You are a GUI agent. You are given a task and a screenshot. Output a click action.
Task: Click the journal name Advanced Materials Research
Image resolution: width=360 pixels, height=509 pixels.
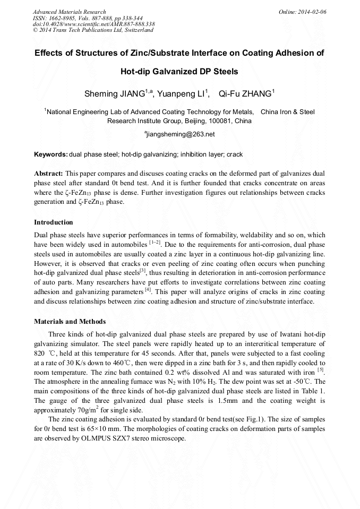(x=70, y=12)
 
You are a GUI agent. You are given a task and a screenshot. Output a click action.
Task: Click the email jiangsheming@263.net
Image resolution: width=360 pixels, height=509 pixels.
(x=181, y=134)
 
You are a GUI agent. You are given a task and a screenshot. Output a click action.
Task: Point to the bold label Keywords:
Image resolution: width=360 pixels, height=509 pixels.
(x=51, y=154)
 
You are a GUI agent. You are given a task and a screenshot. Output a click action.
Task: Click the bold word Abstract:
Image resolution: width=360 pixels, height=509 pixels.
(x=49, y=174)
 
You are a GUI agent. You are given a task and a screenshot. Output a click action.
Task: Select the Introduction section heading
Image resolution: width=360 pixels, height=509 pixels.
(x=54, y=222)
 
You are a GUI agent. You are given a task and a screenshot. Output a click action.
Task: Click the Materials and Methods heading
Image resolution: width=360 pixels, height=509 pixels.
(x=70, y=321)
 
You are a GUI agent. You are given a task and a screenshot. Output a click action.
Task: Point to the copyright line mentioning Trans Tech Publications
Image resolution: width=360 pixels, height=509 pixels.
(x=93, y=30)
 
